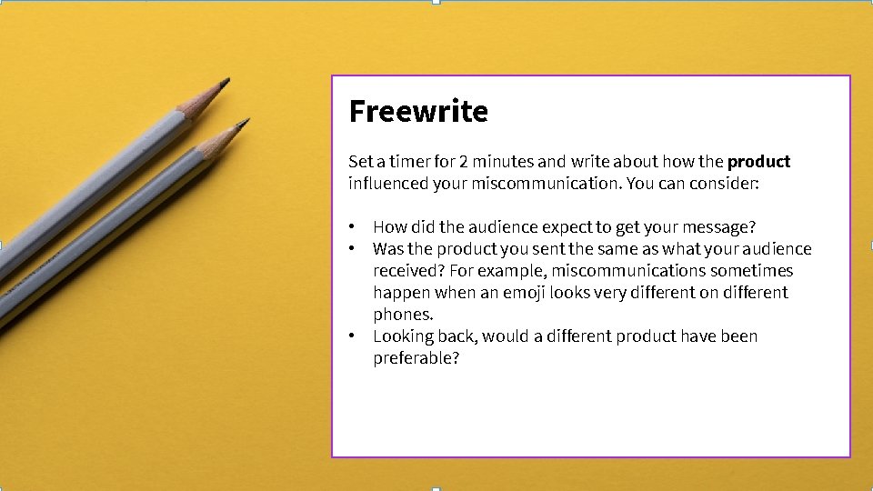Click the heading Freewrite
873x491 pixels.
pos(418,111)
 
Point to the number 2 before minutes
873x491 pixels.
pos(464,162)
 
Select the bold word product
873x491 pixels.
pos(758,162)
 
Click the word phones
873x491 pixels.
pos(403,315)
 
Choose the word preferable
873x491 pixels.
pos(416,358)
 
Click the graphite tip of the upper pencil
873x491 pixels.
pos(226,83)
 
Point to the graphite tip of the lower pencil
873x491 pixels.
pos(244,122)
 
